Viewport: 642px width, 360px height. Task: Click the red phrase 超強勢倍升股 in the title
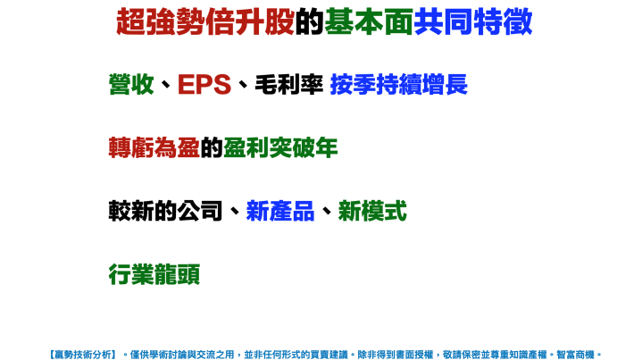(204, 22)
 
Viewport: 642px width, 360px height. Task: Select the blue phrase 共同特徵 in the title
(473, 22)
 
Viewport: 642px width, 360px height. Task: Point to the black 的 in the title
(309, 22)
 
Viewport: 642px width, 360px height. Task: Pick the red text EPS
(204, 85)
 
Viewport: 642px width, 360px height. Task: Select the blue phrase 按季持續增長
(398, 85)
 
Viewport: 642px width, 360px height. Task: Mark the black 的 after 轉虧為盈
(212, 148)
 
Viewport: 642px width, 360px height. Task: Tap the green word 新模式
(372, 212)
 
